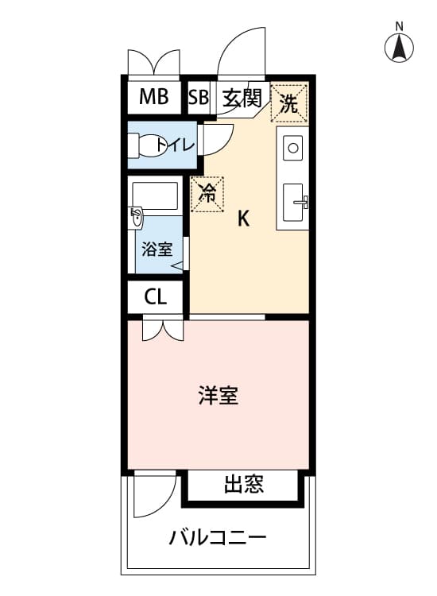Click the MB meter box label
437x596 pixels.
(153, 96)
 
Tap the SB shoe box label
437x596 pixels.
(199, 97)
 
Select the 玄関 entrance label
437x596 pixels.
(242, 98)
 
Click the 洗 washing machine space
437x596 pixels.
(288, 103)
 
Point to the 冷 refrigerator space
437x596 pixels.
(207, 194)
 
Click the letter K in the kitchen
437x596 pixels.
(243, 219)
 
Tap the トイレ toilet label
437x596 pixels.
(176, 145)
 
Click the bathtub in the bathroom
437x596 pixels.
(155, 195)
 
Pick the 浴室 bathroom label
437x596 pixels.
(157, 249)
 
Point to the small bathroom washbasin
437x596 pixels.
(135, 219)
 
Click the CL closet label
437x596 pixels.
(156, 296)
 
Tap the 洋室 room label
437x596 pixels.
(218, 395)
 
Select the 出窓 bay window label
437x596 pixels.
(243, 484)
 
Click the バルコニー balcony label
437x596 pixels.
(218, 538)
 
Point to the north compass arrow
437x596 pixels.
(399, 48)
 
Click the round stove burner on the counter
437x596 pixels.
(292, 148)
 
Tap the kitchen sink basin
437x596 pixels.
(293, 202)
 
